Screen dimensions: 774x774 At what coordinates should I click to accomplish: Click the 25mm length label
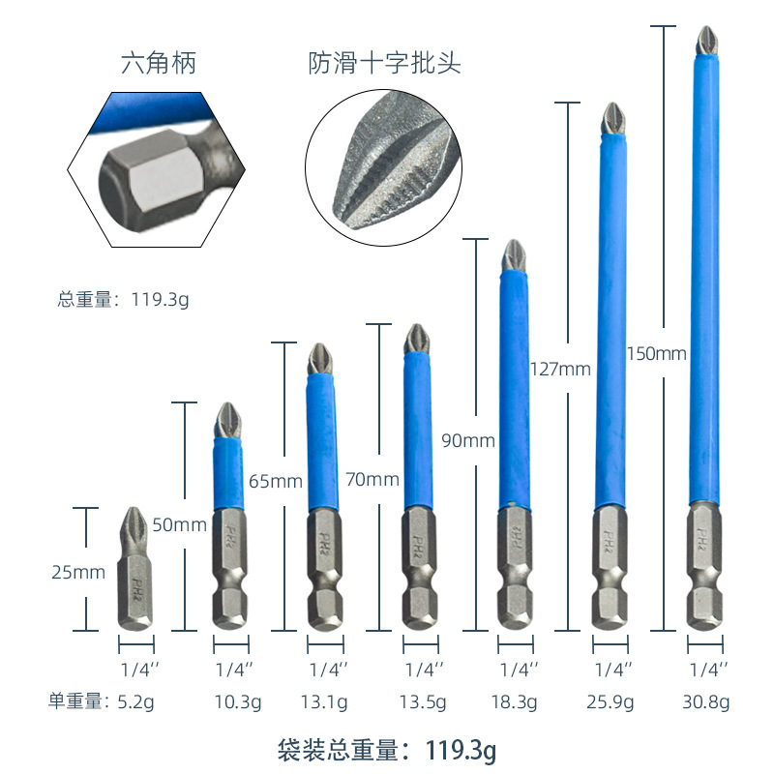point(78,572)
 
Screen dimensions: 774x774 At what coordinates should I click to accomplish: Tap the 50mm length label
point(179,524)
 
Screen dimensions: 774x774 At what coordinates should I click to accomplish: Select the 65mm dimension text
point(276,481)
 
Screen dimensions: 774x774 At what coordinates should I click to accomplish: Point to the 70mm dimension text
point(372,479)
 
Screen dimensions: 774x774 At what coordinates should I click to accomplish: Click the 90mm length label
point(468,440)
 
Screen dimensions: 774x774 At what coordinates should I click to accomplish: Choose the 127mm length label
point(560,369)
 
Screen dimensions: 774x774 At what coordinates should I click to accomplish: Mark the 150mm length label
point(657,353)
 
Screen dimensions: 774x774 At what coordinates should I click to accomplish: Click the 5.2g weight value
point(135,701)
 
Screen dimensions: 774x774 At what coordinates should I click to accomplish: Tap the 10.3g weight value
point(237,701)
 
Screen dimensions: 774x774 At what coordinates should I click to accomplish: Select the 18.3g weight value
point(514,701)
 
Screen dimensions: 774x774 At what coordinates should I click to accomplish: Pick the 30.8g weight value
point(706,701)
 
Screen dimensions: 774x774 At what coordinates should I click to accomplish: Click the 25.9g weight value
point(610,701)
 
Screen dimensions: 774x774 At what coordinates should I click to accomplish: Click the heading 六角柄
point(159,63)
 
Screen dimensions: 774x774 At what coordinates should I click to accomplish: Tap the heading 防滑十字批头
point(384,63)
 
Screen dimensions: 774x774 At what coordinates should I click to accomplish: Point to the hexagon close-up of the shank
point(156,169)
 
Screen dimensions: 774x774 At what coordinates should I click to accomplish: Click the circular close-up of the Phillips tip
point(383,167)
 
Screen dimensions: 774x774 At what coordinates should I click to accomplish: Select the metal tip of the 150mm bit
point(707,41)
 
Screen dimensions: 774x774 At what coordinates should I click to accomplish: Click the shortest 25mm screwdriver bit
point(135,569)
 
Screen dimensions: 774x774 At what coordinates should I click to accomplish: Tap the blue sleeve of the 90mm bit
point(514,390)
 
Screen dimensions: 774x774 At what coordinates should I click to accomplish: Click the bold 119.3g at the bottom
point(461,750)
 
